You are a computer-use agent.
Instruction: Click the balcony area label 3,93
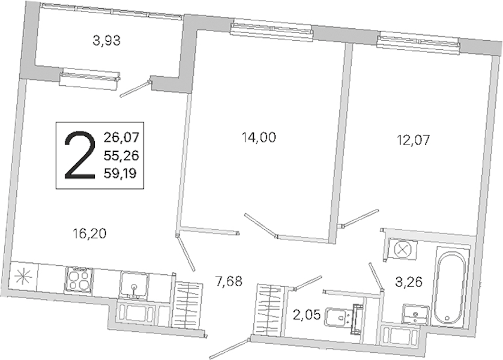pos(106,41)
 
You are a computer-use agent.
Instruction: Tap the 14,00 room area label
pos(259,137)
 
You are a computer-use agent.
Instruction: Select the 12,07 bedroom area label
pos(413,140)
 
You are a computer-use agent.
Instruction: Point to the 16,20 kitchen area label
pos(89,234)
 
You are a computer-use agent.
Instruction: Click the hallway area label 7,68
pos(229,282)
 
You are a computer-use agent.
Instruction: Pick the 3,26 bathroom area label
pos(409,283)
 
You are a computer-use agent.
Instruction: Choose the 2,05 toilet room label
pos(307,315)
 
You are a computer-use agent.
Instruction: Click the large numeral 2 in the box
pos(80,155)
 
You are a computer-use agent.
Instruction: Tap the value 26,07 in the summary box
pos(121,137)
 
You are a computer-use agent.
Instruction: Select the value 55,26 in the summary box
pos(121,156)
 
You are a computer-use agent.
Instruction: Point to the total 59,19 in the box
pos(120,173)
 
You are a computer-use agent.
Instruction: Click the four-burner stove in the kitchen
pos(79,279)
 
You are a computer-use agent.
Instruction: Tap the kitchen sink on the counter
pos(134,286)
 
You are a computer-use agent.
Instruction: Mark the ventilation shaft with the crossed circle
pos(402,249)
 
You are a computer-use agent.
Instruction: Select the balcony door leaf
pos(134,88)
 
